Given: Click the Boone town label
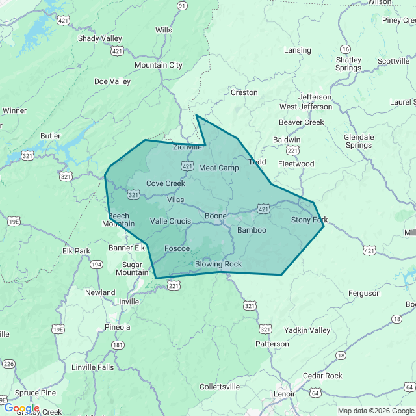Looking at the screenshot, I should (x=216, y=216).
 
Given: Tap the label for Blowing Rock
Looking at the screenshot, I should (x=218, y=264).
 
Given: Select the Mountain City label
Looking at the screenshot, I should (x=158, y=65).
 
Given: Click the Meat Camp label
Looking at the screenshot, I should (x=219, y=168).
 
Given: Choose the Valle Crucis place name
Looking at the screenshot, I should (x=170, y=221).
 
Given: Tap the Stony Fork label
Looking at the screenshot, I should (x=309, y=220).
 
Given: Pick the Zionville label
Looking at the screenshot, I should (x=188, y=147).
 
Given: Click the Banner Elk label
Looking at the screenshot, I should (x=126, y=248).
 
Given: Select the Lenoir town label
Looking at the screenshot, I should (x=284, y=394).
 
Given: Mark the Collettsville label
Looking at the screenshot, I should (x=220, y=387).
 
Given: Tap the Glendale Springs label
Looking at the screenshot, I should (x=359, y=141).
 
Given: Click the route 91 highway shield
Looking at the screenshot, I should (x=182, y=6).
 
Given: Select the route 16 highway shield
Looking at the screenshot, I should (x=345, y=49).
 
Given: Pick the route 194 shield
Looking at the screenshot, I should (x=96, y=264).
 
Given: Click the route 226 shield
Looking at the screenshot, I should (x=8, y=363).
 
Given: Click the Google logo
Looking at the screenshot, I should (x=21, y=408).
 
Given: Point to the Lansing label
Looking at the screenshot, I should (x=298, y=51).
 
